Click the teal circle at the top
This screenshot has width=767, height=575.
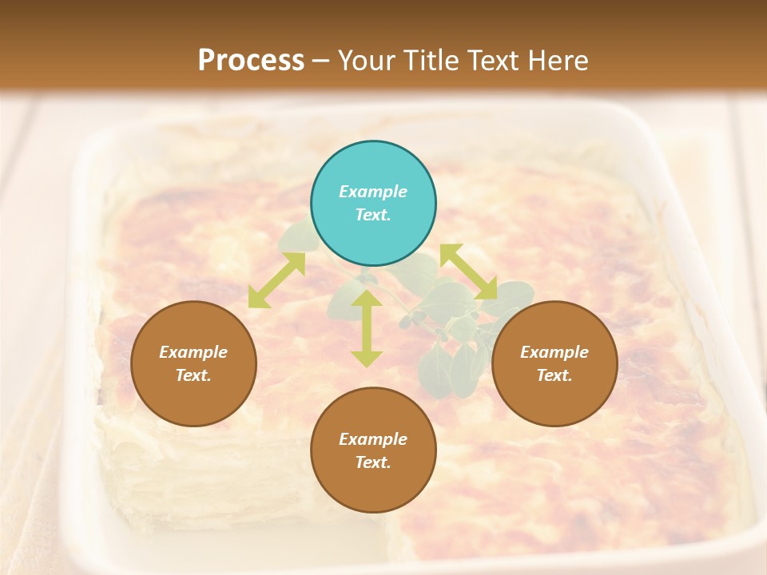tap(373, 204)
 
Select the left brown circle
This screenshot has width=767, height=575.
tap(193, 363)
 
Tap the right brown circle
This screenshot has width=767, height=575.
tap(554, 363)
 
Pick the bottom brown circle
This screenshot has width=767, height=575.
tap(373, 450)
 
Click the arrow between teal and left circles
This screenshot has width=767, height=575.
tap(276, 280)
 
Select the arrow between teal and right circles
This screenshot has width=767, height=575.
tap(468, 272)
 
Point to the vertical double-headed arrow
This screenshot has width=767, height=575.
tap(367, 328)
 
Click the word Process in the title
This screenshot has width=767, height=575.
tap(251, 60)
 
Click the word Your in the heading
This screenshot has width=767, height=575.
tap(366, 60)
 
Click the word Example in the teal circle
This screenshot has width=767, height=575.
tap(373, 192)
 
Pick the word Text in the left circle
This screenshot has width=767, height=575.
tap(192, 375)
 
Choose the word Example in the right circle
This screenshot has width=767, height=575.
tap(554, 352)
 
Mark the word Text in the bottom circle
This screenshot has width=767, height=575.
tap(372, 462)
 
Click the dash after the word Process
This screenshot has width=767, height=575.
tap(321, 61)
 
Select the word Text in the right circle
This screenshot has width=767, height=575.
tap(553, 375)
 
